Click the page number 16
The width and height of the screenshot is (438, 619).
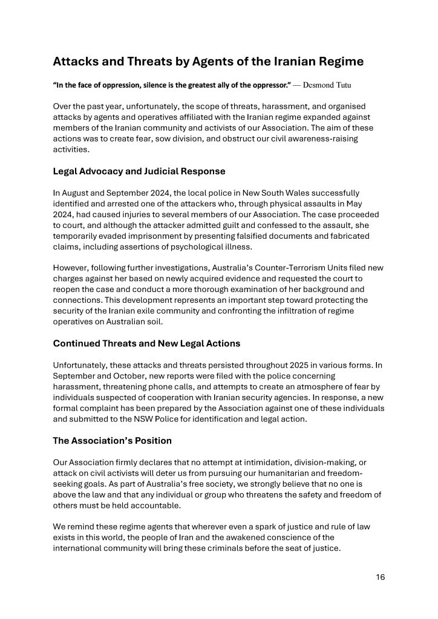380,577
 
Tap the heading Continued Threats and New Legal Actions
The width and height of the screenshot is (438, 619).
146,343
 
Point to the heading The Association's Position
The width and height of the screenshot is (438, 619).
111,440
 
